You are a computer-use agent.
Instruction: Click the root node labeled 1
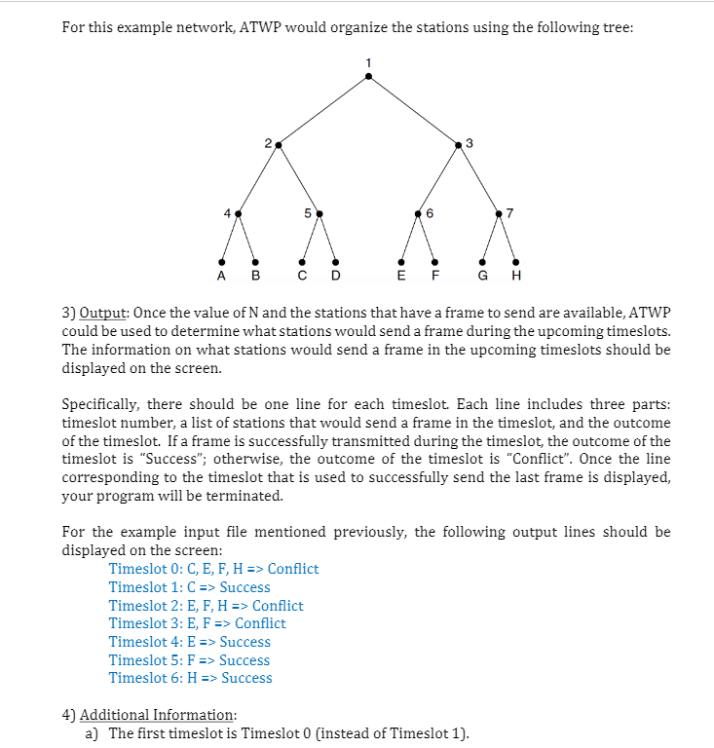point(367,78)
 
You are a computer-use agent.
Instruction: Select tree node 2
point(279,145)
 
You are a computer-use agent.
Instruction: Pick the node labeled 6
point(418,211)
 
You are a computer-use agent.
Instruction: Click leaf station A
point(222,260)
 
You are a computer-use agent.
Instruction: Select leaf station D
point(336,260)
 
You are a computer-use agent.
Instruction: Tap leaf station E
point(402,260)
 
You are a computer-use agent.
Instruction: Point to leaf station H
point(515,260)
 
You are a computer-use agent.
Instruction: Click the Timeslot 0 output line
point(213,569)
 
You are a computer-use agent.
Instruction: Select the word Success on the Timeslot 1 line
point(244,587)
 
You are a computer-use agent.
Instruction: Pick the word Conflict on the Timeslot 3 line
point(260,623)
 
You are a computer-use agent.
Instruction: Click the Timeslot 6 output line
point(190,678)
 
